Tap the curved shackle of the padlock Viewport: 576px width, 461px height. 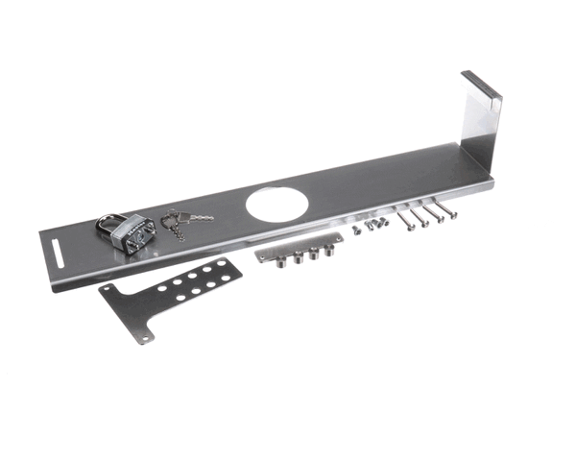coord(108,222)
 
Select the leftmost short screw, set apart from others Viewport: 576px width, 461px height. coord(355,231)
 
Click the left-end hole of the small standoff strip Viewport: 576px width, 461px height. coord(260,257)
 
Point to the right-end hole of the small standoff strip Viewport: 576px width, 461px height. coord(338,237)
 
